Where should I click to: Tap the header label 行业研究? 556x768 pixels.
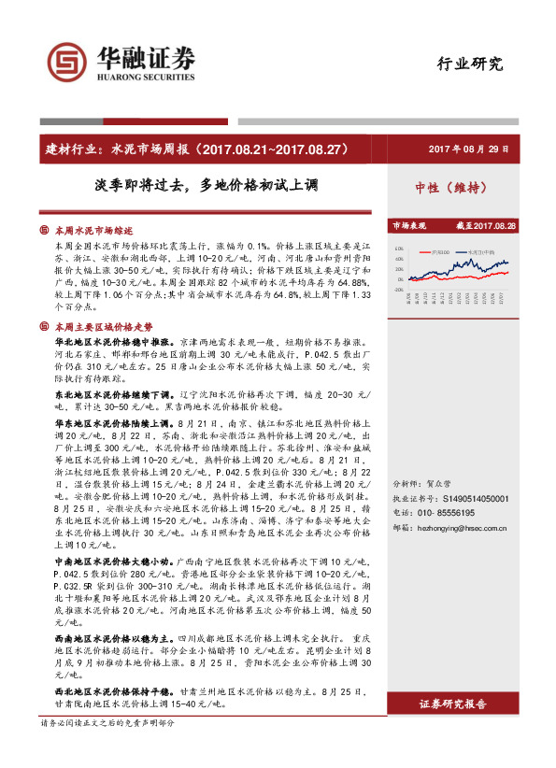470,64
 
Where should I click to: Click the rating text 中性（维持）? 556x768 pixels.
452,187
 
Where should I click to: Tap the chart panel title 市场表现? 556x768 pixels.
407,226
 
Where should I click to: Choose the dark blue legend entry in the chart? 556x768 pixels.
480,252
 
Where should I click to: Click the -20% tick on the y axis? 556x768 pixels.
399,290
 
